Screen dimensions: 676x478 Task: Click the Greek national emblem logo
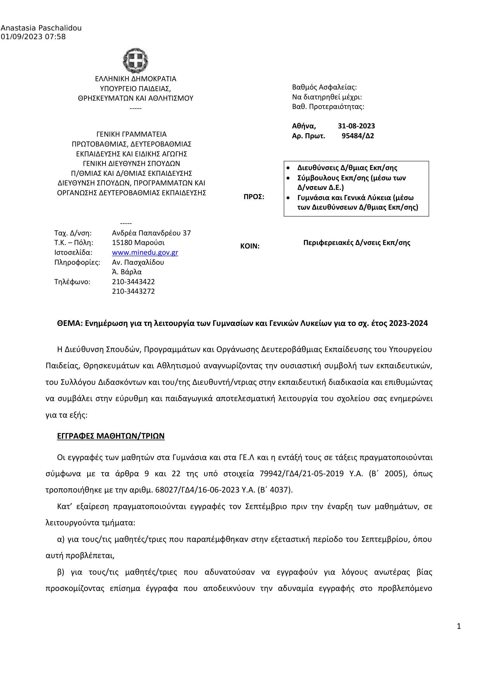(135, 60)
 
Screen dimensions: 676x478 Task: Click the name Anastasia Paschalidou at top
(41, 28)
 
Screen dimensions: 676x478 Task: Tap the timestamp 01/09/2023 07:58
(33, 37)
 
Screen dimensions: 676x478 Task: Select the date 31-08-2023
(356, 126)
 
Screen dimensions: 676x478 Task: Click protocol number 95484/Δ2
(358, 136)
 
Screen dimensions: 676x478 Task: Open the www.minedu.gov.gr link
(145, 252)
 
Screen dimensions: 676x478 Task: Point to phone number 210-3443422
(133, 282)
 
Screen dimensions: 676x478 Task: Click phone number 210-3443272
(133, 291)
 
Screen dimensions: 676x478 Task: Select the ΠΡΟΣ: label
(254, 197)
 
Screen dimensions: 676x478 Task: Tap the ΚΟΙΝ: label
(250, 246)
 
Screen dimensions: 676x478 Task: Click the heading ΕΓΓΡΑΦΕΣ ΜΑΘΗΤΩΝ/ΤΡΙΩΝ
(111, 436)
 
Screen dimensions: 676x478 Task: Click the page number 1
(459, 626)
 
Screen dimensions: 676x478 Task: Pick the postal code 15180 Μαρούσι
(138, 242)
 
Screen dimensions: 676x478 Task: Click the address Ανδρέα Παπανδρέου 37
(151, 233)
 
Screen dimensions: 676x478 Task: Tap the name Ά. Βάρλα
(127, 272)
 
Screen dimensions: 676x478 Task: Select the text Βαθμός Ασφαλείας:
(324, 87)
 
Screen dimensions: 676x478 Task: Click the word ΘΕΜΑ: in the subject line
(70, 323)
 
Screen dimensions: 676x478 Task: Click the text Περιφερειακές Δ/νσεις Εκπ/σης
(356, 242)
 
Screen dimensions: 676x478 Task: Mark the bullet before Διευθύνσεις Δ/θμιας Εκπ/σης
(288, 168)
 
